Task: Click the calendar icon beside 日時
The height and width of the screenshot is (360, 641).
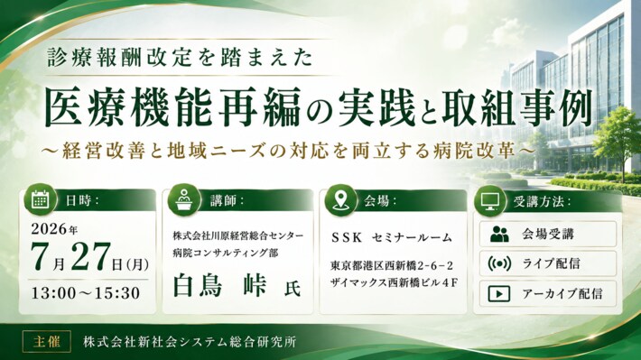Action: click(40, 199)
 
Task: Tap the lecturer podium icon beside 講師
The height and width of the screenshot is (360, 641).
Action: click(183, 199)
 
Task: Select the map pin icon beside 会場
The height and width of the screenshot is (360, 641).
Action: click(340, 199)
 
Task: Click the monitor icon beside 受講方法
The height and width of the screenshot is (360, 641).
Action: click(489, 201)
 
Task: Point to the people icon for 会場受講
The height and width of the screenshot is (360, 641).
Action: click(499, 235)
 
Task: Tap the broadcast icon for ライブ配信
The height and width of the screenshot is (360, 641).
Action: click(499, 263)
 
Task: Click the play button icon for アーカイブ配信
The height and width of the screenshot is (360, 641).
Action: click(499, 293)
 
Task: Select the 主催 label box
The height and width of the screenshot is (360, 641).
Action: click(47, 341)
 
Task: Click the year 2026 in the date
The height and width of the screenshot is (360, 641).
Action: click(49, 229)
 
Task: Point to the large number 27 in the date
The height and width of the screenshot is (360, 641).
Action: click(91, 256)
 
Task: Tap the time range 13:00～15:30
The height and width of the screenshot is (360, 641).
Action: click(86, 293)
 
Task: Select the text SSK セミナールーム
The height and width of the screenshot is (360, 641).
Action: click(392, 237)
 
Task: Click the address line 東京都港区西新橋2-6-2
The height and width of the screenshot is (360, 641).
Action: click(392, 265)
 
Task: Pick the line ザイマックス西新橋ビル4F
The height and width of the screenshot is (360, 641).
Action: click(394, 282)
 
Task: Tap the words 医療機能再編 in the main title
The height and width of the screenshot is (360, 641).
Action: click(172, 106)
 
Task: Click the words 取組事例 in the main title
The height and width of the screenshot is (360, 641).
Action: click(517, 106)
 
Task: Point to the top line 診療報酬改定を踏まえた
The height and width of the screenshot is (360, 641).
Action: click(181, 57)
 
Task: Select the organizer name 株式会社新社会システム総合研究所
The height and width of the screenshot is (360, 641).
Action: click(190, 342)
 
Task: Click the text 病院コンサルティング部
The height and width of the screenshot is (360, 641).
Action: click(226, 253)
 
